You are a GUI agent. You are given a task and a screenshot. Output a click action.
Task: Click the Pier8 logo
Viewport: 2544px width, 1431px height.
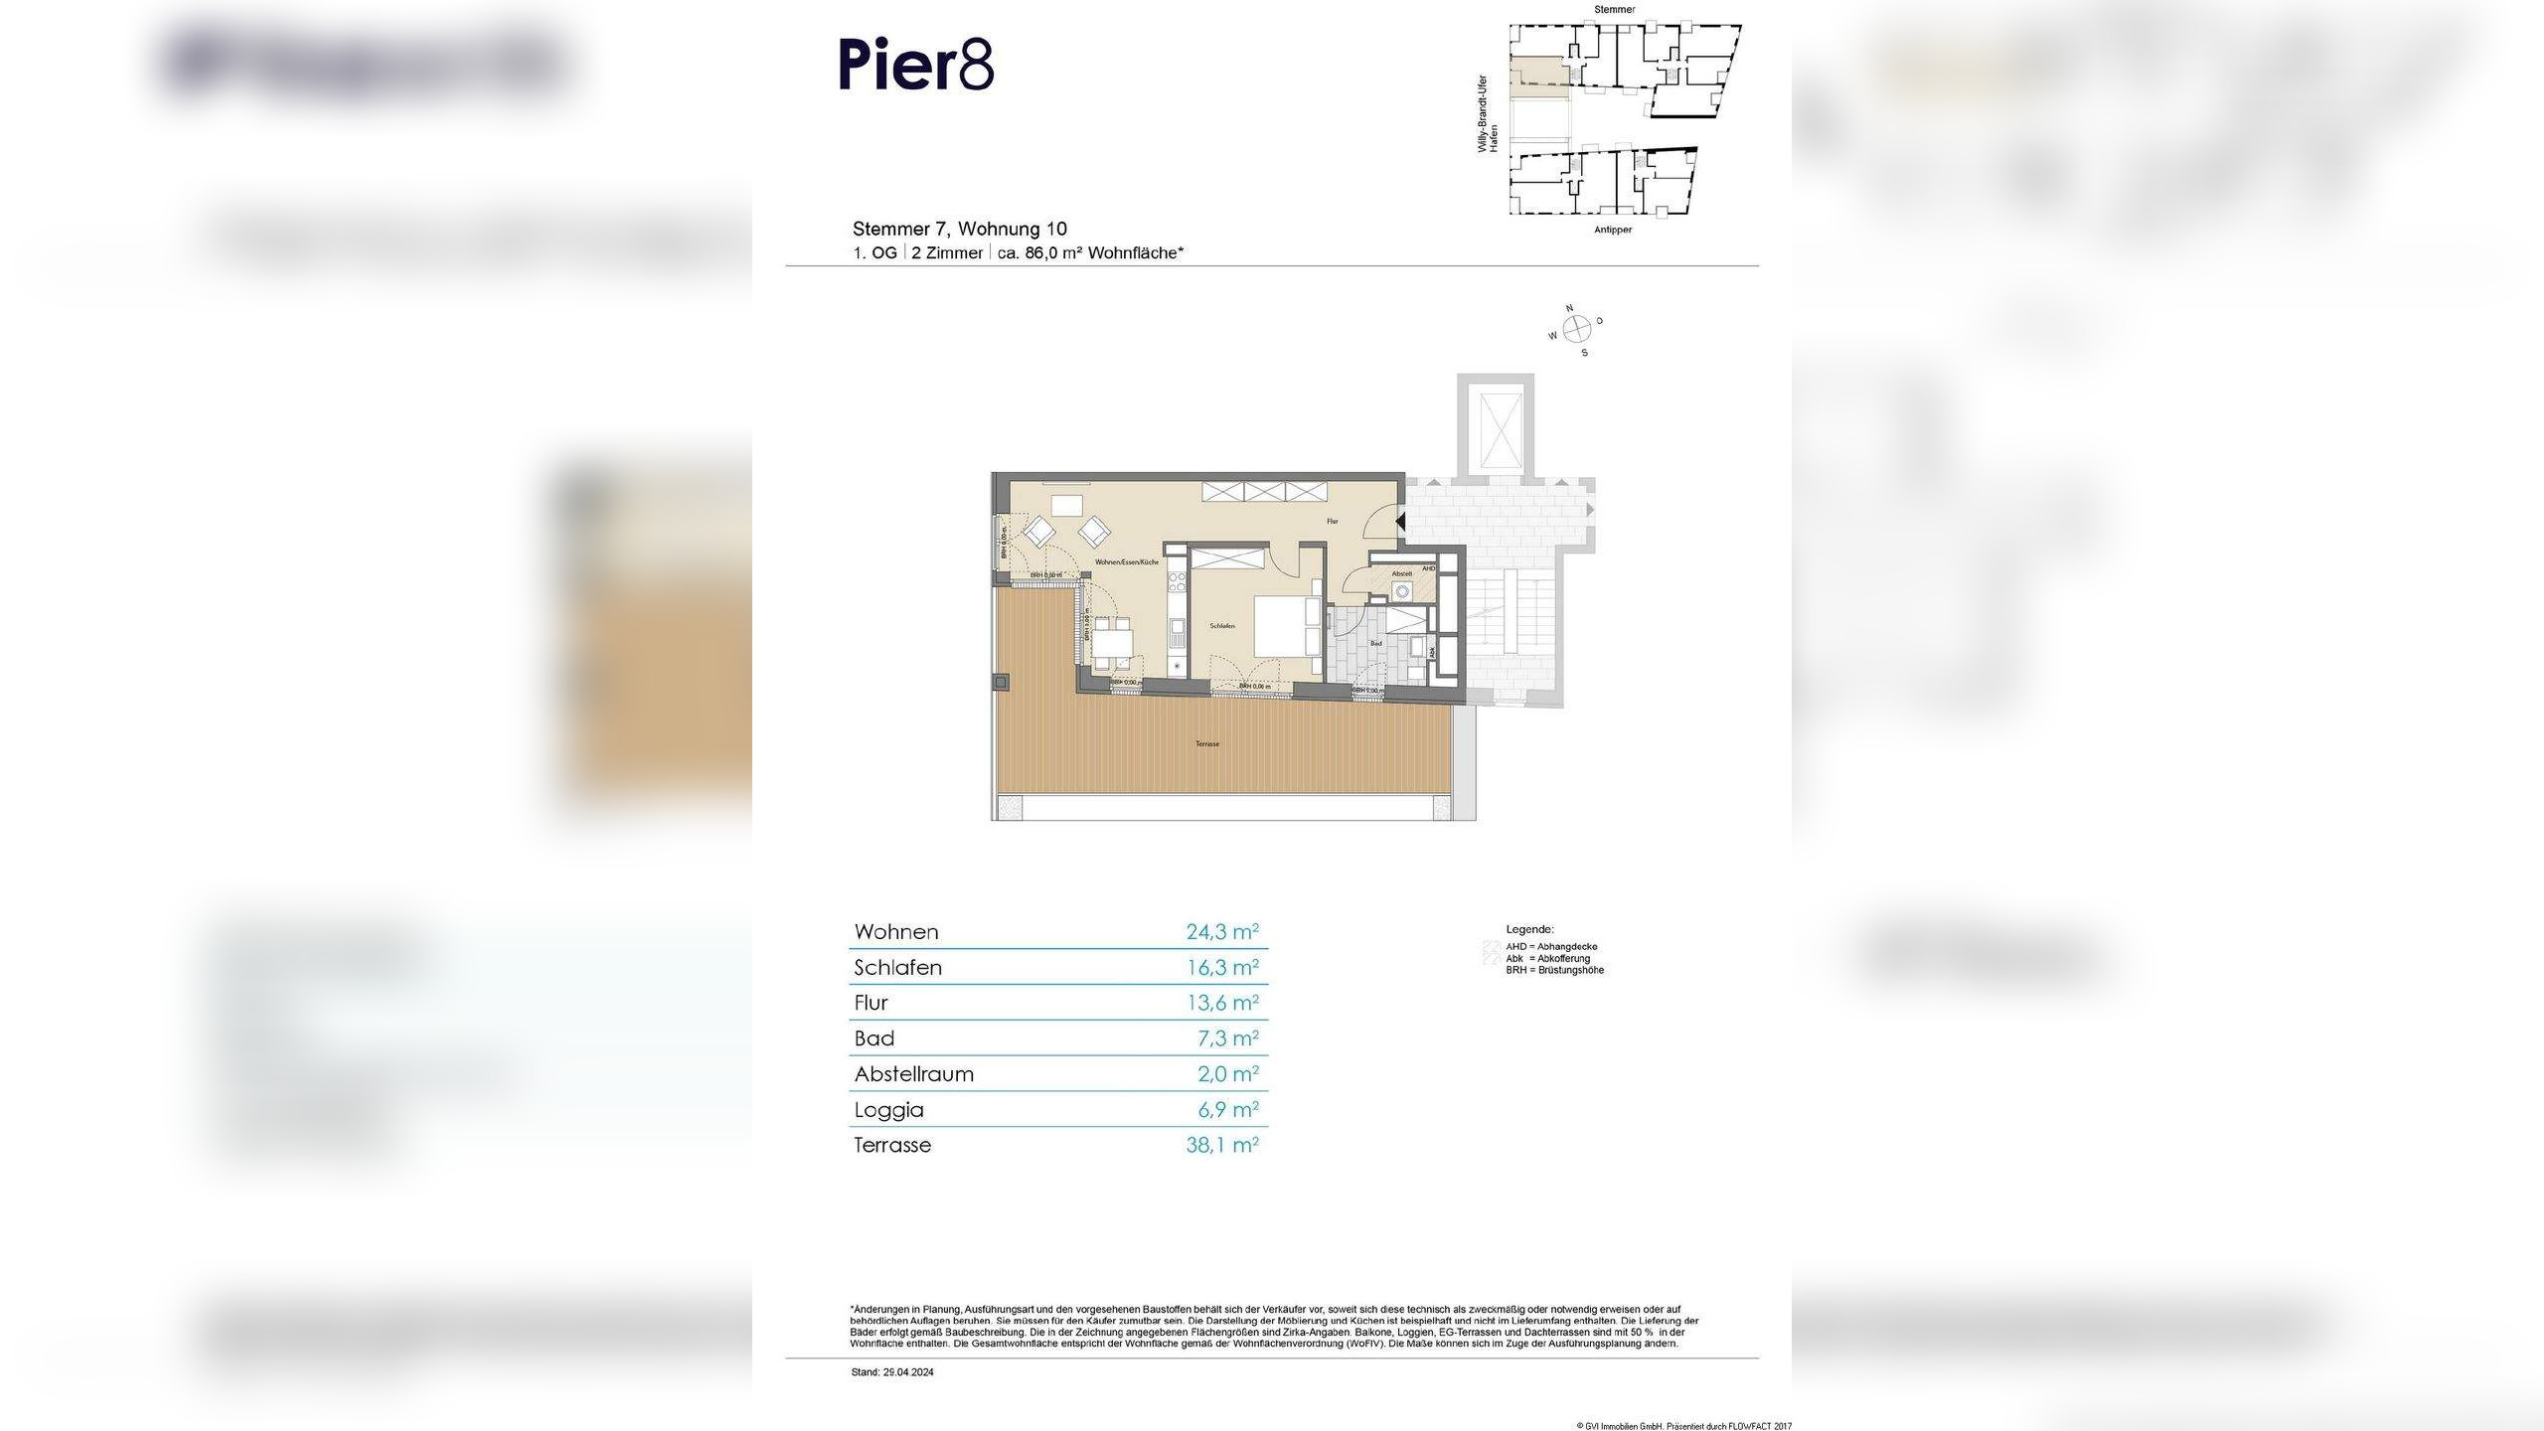pyautogui.click(x=915, y=66)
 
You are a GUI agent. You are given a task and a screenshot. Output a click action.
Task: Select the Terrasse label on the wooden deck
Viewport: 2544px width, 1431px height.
pyautogui.click(x=1207, y=743)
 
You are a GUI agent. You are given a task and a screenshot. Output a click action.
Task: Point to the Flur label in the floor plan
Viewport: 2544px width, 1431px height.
pyautogui.click(x=1333, y=521)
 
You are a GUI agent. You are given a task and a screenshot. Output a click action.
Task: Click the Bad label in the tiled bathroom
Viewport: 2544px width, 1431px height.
pyautogui.click(x=1376, y=644)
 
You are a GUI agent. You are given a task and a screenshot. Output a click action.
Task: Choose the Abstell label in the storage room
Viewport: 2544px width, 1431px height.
pyautogui.click(x=1402, y=574)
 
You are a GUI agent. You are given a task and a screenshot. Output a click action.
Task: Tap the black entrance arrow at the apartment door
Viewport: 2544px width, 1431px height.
pyautogui.click(x=1399, y=521)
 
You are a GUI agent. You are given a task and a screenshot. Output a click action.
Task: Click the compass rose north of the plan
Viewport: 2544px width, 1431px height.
pyautogui.click(x=1577, y=329)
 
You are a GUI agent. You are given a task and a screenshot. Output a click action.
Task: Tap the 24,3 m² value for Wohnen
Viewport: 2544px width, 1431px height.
pyautogui.click(x=1221, y=931)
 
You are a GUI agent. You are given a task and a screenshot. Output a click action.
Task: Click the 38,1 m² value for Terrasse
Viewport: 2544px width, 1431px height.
pyautogui.click(x=1221, y=1145)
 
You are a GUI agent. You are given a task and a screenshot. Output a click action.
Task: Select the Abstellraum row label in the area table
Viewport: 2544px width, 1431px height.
pyautogui.click(x=913, y=1074)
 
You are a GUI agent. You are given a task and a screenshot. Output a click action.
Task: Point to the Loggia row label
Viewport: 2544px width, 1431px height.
pyautogui.click(x=888, y=1110)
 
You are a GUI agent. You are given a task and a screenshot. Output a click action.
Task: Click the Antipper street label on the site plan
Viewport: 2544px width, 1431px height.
pyautogui.click(x=1612, y=230)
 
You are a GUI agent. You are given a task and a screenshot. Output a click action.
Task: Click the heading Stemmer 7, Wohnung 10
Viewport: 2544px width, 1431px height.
pyautogui.click(x=959, y=229)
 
